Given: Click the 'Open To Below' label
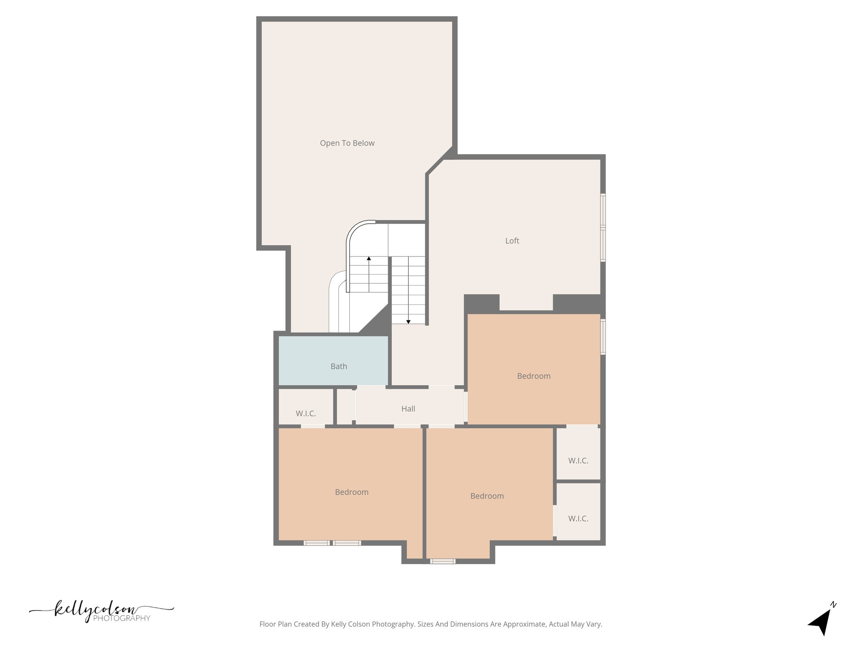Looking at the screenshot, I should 347,143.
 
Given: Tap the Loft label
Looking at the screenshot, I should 512,241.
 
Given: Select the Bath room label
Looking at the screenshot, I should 338,366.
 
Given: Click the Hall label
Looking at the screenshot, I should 408,408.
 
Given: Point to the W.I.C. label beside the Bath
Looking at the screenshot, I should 306,413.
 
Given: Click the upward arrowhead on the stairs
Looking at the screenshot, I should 369,258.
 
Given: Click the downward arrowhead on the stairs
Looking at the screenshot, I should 408,322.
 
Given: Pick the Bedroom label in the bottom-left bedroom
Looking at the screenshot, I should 351,492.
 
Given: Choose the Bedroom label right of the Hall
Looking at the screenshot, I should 534,376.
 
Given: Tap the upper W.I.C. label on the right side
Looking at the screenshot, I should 578,461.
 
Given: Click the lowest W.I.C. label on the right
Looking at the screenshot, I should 578,519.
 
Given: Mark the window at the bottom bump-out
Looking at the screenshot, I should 442,561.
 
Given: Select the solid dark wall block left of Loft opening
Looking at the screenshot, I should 482,303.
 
